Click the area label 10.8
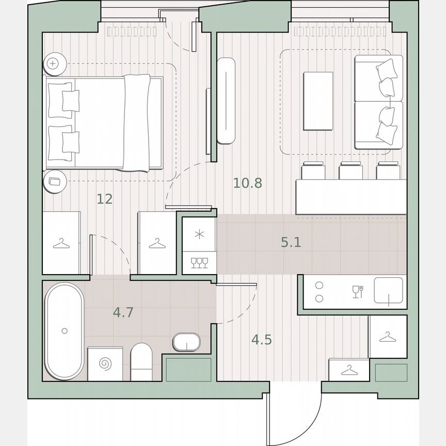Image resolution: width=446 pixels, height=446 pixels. coord(248,183)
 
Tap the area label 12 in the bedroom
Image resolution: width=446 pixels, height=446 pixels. coord(105,199)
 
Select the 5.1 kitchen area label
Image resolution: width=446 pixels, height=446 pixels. coord(291,242)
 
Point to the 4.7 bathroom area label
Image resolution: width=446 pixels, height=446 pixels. coord(123,312)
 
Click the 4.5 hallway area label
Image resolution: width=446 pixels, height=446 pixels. coord(261,340)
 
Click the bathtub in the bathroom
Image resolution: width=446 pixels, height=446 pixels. coord(64,330)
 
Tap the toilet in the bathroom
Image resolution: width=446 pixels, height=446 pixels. coord(141,361)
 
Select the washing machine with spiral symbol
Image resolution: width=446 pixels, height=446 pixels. coord(105,364)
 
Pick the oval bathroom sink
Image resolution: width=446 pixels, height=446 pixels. coord(186,342)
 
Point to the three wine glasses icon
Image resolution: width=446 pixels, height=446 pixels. coord(199,263)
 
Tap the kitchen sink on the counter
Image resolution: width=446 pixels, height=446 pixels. coord(388,293)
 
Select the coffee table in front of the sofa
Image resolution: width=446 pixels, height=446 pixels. coord(318,101)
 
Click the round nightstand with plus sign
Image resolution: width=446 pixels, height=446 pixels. coord(54,65)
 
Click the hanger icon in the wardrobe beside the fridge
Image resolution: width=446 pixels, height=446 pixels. coord(156,243)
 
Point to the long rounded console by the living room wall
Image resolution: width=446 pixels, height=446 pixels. coord(226,100)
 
